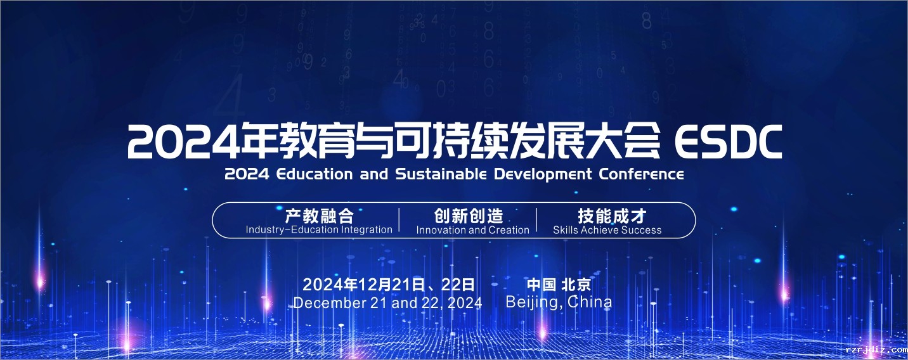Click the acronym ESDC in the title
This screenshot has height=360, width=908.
pyautogui.click(x=729, y=141)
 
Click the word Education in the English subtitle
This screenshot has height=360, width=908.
pyautogui.click(x=315, y=174)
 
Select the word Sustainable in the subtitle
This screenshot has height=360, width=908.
pyautogui.click(x=441, y=174)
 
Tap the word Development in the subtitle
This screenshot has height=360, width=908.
pyautogui.click(x=543, y=175)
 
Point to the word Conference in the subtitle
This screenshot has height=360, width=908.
pyautogui.click(x=641, y=174)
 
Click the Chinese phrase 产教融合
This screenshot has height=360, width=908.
pyautogui.click(x=320, y=216)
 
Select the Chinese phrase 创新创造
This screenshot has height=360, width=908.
pyautogui.click(x=469, y=216)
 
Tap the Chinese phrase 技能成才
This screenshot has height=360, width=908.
pyautogui.click(x=612, y=216)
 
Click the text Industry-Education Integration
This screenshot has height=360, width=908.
pyautogui.click(x=319, y=230)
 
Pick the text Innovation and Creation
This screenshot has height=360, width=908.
pyautogui.click(x=472, y=230)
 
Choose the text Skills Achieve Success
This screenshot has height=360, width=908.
pyautogui.click(x=607, y=230)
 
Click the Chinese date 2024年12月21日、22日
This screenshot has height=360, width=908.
pyautogui.click(x=388, y=285)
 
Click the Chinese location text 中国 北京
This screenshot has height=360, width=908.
pyautogui.click(x=559, y=285)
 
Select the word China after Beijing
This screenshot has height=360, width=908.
pyautogui.click(x=590, y=302)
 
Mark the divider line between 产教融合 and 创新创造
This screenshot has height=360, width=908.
pyautogui.click(x=399, y=220)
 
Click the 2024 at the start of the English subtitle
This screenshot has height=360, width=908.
pyautogui.click(x=247, y=174)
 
